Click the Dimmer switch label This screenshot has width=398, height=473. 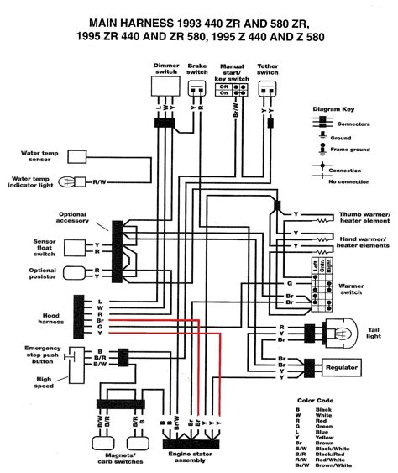[x=165, y=68]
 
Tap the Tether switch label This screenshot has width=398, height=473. [x=268, y=68]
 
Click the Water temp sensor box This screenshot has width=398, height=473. [x=78, y=156]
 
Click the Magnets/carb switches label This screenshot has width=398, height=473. [x=121, y=458]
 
